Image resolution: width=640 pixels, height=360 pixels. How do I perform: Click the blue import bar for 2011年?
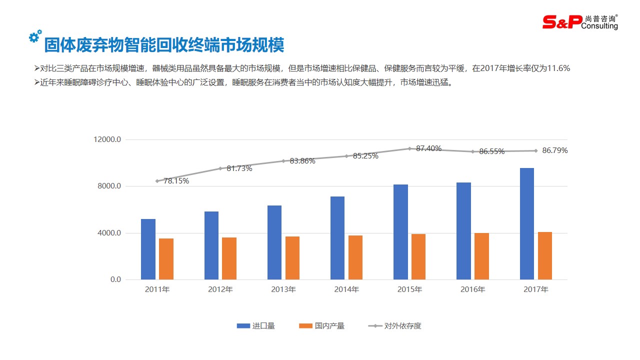(x=148, y=249)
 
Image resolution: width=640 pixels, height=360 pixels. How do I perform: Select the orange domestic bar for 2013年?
(x=292, y=258)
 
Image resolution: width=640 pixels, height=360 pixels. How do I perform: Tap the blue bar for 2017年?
(x=527, y=223)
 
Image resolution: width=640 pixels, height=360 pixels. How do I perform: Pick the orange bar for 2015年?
(x=418, y=256)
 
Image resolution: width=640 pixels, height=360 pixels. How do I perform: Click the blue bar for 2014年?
(x=337, y=238)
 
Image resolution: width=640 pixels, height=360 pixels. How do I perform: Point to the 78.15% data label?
(x=176, y=181)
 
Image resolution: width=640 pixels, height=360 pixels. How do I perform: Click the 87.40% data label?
(x=429, y=148)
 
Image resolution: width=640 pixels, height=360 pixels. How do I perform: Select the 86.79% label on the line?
(x=555, y=150)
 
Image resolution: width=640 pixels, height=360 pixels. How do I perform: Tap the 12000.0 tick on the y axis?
(x=107, y=139)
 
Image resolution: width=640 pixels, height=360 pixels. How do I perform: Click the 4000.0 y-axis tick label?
(x=109, y=233)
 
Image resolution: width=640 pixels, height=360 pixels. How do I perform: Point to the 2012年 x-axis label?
(x=220, y=289)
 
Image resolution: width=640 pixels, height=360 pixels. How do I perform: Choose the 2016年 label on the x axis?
(x=472, y=289)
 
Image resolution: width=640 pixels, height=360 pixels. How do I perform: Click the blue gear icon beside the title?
(x=35, y=36)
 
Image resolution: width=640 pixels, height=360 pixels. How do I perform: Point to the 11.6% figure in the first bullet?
(x=558, y=68)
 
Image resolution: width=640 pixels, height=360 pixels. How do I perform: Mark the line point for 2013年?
(x=283, y=161)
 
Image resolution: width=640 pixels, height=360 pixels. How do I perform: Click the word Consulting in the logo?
(x=600, y=26)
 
